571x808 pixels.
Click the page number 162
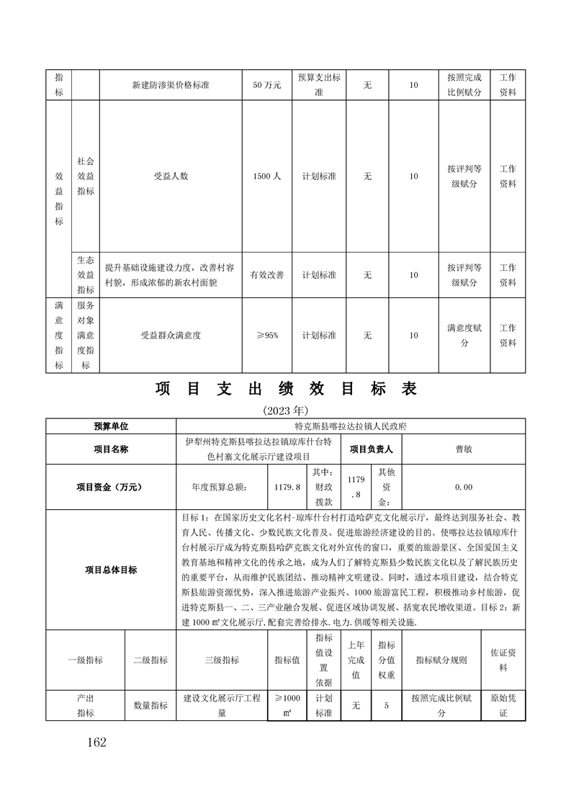95,742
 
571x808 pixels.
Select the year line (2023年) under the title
285,410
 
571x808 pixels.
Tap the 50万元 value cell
266,85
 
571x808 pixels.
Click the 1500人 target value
266,176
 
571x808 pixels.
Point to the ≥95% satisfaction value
266,335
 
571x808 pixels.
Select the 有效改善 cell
266,274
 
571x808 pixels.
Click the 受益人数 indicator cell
171,176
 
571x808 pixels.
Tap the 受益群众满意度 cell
171,335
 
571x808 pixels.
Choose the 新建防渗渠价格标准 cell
171,85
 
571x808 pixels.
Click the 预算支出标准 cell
319,85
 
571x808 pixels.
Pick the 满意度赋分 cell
464,335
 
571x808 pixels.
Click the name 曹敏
464,449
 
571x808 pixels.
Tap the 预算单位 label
111,426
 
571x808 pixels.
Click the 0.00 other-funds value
464,487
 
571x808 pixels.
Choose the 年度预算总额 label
219,487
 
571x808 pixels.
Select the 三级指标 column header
221,660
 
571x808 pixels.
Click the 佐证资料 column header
503,660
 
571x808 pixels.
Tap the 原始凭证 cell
503,706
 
